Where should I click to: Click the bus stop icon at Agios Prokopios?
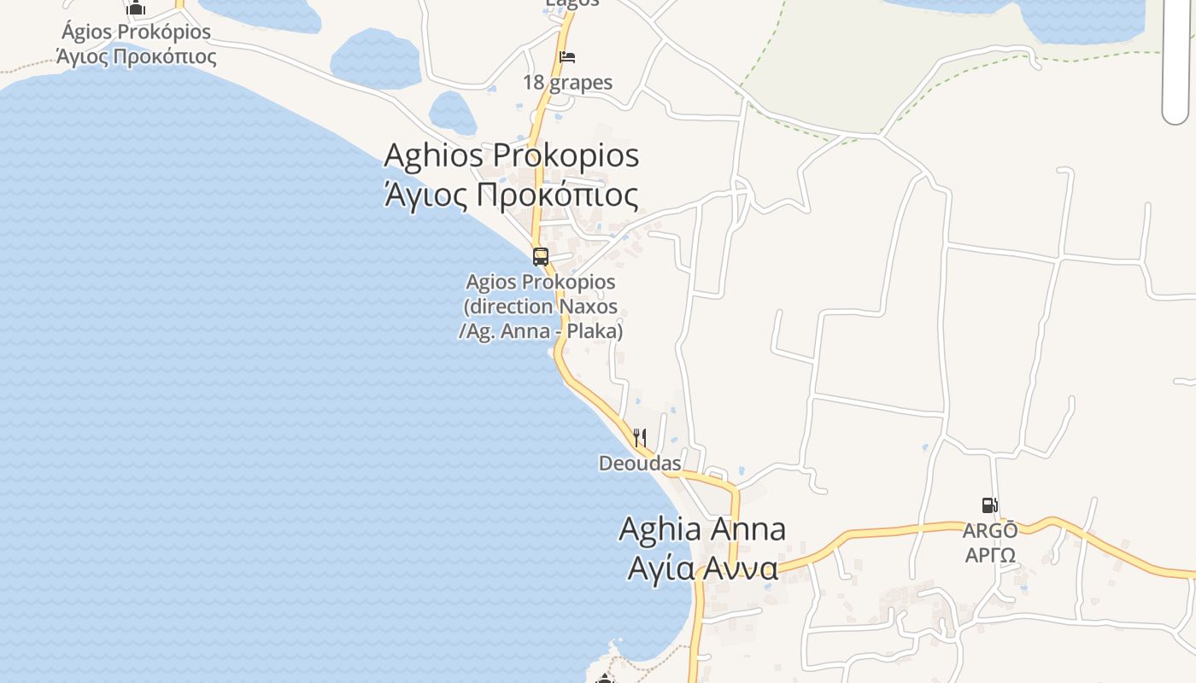tap(540, 256)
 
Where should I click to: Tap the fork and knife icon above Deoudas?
tap(640, 438)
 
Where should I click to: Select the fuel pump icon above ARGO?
tap(989, 505)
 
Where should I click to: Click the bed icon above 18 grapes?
tap(567, 58)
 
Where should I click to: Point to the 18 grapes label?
tap(568, 83)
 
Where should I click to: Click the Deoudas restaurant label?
tap(640, 464)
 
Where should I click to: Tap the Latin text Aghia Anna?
tap(702, 528)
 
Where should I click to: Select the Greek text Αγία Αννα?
tap(702, 568)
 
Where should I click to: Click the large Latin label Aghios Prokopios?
tap(511, 155)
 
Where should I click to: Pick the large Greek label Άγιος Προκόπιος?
tap(511, 195)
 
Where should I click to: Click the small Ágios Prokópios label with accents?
tap(137, 32)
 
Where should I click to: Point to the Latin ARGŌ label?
tap(990, 531)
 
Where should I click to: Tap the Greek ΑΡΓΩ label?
tap(990, 556)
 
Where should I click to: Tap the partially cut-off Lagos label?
tap(572, 3)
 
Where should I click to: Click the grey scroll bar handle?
tap(1176, 60)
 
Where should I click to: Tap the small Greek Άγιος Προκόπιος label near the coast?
tap(137, 57)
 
